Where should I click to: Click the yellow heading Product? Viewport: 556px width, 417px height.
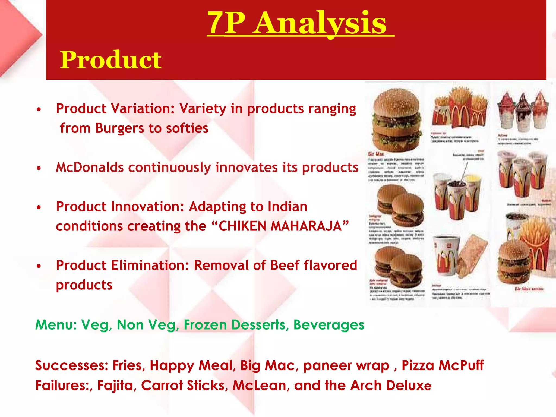coord(110,60)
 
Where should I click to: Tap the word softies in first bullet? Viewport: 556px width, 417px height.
coord(187,128)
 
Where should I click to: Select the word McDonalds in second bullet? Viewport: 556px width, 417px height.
coord(90,167)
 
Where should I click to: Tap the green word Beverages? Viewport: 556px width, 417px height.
coord(329,325)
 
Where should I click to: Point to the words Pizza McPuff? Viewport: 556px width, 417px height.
coord(442,365)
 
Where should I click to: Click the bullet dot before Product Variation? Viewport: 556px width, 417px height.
coord(39,109)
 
